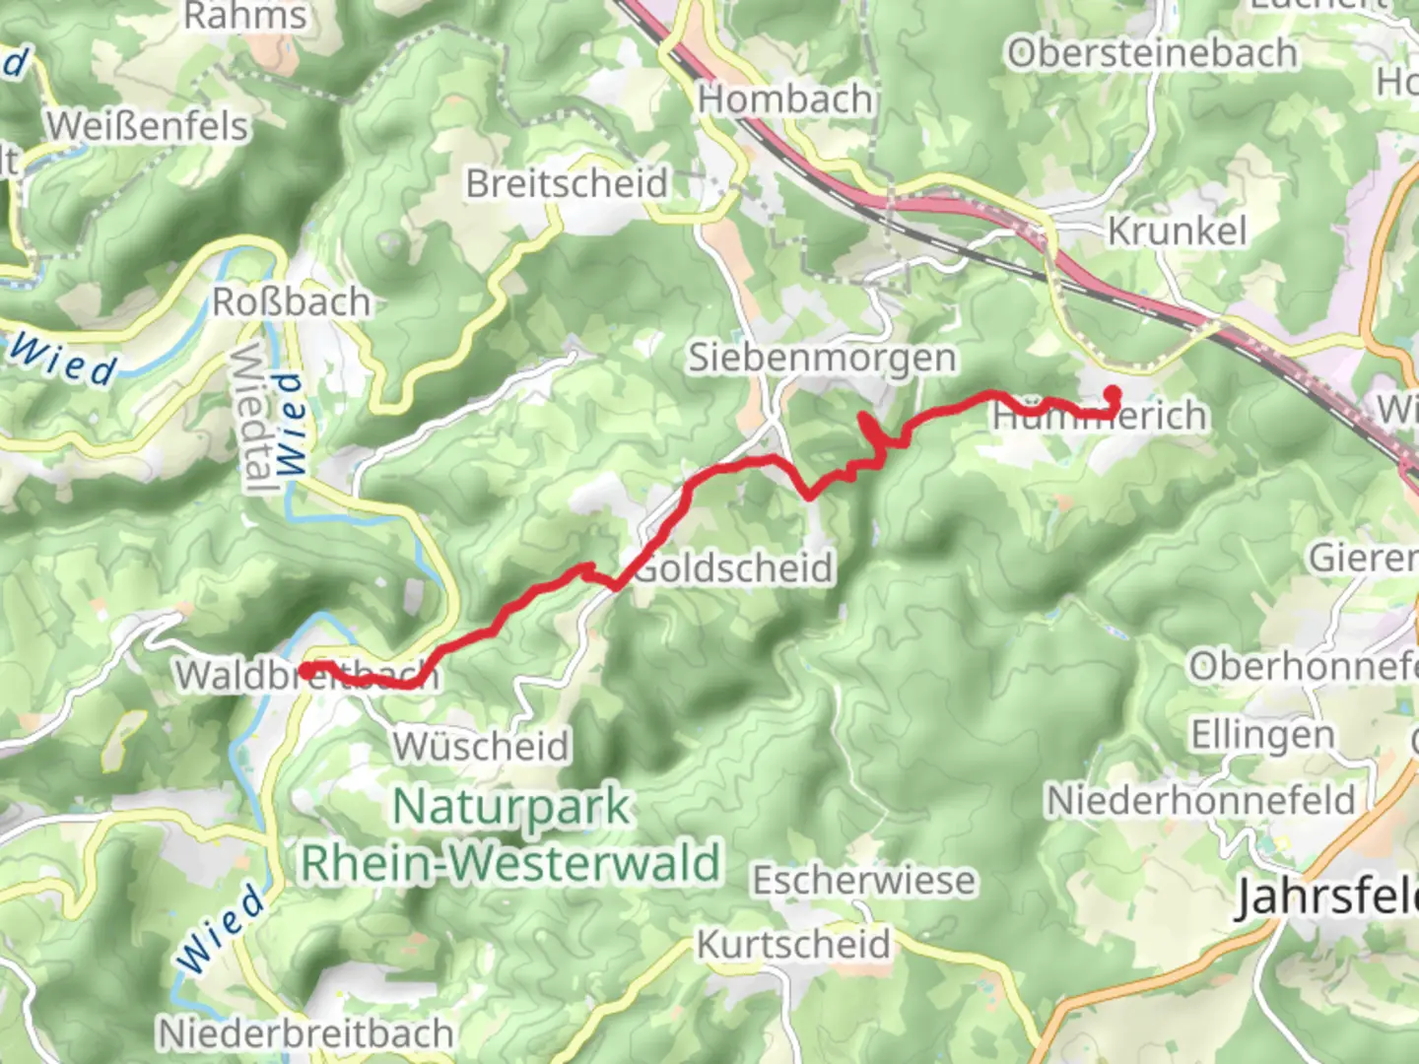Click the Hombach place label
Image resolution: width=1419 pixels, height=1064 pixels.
coord(785,100)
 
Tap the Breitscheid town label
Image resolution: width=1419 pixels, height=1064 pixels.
coord(567,183)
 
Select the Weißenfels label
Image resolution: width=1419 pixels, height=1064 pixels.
coord(147,126)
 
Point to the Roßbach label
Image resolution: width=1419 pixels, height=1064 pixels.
coord(292,301)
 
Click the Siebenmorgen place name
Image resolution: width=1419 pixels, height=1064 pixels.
coord(822,358)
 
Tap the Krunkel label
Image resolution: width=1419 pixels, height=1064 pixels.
coord(1177,231)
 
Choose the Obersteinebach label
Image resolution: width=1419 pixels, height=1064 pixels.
coord(1151,53)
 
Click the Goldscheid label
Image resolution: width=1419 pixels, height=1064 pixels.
coord(734,568)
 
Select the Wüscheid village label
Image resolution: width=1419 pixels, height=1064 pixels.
coord(482,746)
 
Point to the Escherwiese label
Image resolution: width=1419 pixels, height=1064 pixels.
coord(864,880)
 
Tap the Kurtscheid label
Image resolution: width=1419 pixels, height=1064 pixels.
coord(793,944)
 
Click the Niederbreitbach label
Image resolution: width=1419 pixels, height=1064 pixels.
coord(305,1033)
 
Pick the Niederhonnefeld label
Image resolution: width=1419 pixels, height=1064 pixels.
coord(1200,800)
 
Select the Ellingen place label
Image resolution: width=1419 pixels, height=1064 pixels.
coord(1262,734)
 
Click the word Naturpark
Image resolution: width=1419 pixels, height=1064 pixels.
coord(510,807)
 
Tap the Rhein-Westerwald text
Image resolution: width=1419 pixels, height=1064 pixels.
coord(510,863)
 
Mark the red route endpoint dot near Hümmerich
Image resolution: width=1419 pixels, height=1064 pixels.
coord(1113,394)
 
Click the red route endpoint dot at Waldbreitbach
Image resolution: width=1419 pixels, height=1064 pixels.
coord(306,671)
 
